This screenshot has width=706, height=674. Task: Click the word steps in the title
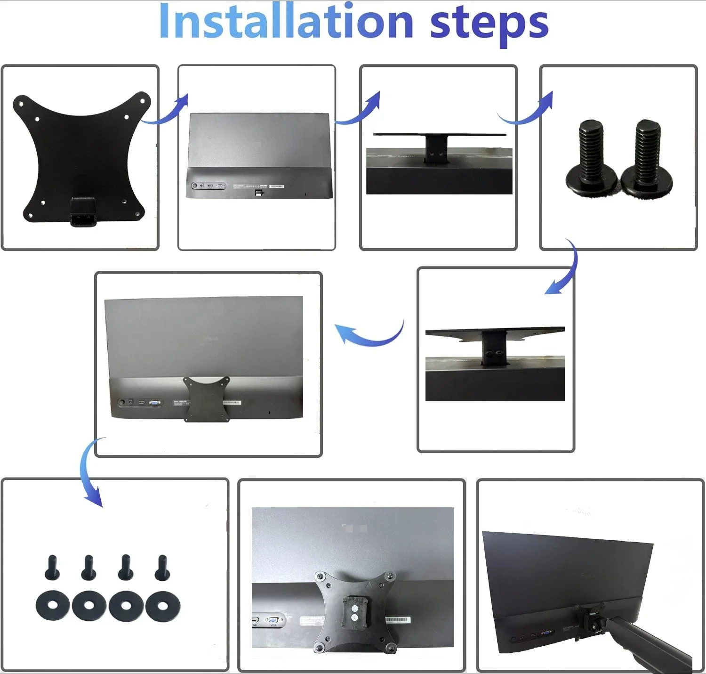click(x=489, y=24)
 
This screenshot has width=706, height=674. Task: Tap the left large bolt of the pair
click(x=591, y=158)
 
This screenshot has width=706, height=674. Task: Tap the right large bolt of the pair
click(x=647, y=158)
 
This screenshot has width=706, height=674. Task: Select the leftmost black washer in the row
click(x=53, y=605)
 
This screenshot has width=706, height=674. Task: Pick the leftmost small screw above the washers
click(x=52, y=568)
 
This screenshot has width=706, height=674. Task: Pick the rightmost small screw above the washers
click(x=162, y=568)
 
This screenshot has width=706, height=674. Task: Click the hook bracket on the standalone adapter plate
click(x=83, y=212)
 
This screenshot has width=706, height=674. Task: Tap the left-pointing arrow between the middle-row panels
click(x=369, y=334)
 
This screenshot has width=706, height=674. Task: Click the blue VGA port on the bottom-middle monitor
click(x=273, y=620)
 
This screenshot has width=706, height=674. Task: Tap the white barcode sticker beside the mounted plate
click(x=398, y=620)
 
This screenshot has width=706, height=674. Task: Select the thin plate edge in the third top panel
click(x=439, y=135)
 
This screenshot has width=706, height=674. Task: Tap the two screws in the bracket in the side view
click(x=494, y=353)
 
